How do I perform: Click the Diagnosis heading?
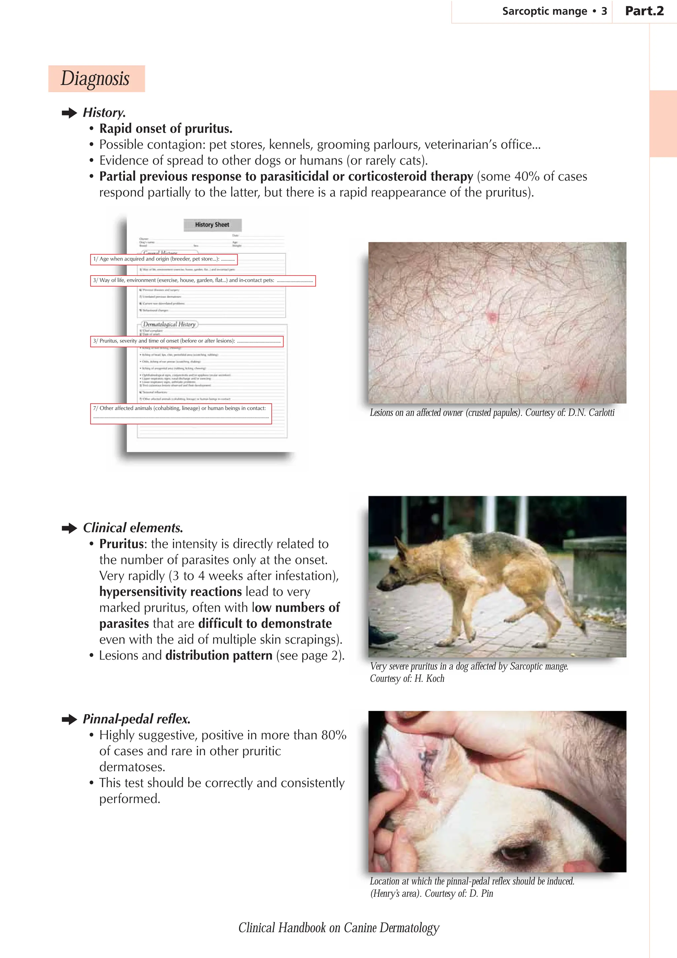click(x=96, y=78)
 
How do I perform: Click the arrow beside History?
click(x=69, y=113)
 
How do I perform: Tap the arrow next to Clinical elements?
click(x=69, y=528)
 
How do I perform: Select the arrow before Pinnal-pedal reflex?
click(x=69, y=719)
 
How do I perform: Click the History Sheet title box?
click(x=212, y=225)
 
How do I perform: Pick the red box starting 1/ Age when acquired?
click(x=164, y=260)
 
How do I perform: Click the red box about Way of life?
click(x=203, y=281)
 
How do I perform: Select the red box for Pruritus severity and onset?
click(x=187, y=341)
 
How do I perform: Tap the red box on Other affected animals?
click(x=181, y=414)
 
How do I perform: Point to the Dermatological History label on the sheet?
click(x=169, y=324)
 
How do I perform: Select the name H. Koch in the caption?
click(x=429, y=679)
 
